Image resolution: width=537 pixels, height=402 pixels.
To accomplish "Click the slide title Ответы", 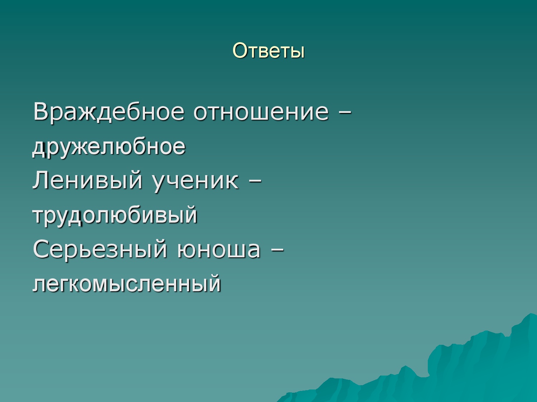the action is [x=268, y=50].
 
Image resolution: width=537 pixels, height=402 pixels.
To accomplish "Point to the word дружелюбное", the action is [x=109, y=147].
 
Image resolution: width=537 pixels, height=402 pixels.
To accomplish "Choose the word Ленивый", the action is [x=87, y=180].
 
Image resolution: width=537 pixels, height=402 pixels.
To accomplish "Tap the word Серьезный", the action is [x=100, y=249].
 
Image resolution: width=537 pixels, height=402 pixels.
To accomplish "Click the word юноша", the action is [x=218, y=250].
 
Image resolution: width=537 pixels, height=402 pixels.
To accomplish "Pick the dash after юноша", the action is [x=277, y=250].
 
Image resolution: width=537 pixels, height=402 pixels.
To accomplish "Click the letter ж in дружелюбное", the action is [x=85, y=147].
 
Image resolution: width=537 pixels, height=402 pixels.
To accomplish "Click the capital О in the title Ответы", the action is [x=240, y=50].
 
